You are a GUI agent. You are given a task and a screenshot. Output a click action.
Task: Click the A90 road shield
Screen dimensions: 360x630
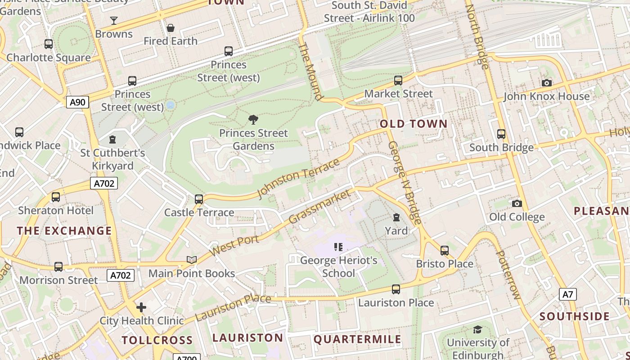tap(77, 102)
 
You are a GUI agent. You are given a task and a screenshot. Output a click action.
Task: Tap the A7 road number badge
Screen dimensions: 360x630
tap(567, 294)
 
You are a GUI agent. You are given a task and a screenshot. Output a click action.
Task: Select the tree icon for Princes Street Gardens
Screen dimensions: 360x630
tap(253, 119)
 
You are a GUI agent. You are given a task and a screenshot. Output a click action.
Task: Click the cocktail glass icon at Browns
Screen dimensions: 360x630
tap(114, 21)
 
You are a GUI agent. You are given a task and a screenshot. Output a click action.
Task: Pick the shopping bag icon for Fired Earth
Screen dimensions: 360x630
tap(171, 28)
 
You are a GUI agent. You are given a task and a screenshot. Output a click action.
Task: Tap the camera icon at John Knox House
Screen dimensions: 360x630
tap(547, 83)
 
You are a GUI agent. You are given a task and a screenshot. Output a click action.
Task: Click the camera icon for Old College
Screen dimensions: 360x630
tap(517, 203)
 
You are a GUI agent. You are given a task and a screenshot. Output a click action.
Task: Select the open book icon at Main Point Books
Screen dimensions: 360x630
tap(192, 260)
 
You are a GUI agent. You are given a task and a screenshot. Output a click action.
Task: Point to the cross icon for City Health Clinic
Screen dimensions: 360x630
tap(141, 307)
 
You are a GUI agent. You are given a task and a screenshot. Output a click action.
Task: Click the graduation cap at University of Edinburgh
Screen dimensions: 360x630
tap(477, 329)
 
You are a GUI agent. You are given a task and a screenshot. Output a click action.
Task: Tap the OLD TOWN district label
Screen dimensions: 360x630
tap(414, 124)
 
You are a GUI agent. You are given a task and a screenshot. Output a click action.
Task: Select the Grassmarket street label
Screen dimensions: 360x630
tap(319, 207)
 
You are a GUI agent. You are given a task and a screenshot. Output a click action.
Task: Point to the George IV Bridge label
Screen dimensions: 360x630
tap(405, 182)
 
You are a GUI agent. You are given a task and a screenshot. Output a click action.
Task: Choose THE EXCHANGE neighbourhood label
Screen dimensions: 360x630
tap(64, 231)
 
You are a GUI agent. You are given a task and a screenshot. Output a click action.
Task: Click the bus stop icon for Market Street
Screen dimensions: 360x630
tap(398, 81)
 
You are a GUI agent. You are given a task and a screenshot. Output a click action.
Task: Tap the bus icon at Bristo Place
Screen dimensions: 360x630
tap(445, 250)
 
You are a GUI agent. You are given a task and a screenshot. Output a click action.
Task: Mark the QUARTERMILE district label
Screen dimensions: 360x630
tap(357, 339)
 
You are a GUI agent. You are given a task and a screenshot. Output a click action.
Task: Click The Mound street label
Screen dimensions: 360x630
tap(311, 71)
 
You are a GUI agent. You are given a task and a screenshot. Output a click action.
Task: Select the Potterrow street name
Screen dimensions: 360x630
tap(507, 275)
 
